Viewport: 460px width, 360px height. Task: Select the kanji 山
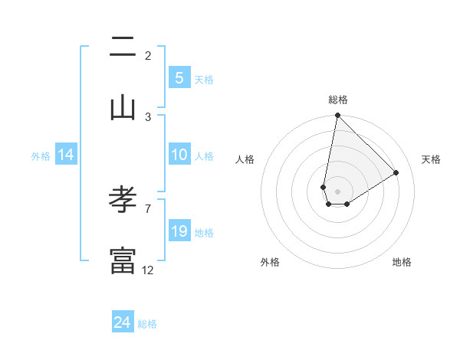tap(123, 108)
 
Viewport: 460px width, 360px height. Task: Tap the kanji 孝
tap(123, 201)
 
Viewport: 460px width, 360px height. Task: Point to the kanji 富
tap(123, 260)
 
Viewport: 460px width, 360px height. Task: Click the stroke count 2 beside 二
tap(148, 55)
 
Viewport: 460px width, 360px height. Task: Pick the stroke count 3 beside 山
tap(148, 116)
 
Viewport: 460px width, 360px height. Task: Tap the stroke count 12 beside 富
tap(148, 270)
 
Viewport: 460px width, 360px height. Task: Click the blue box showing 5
tap(179, 78)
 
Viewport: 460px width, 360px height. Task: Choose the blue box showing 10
tap(179, 155)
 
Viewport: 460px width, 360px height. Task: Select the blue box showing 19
tap(179, 231)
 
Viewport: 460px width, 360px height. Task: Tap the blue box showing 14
tap(66, 155)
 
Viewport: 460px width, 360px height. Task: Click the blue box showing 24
tap(123, 322)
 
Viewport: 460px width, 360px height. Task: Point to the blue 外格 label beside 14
tap(41, 155)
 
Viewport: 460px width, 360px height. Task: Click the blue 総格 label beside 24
tap(147, 324)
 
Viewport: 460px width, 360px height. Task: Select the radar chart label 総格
tap(337, 100)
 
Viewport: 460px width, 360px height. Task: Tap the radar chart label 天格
tap(431, 159)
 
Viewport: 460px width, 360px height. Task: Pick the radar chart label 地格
tap(402, 262)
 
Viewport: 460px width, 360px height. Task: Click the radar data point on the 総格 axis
tap(337, 116)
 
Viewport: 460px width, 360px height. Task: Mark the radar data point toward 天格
tap(396, 172)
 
